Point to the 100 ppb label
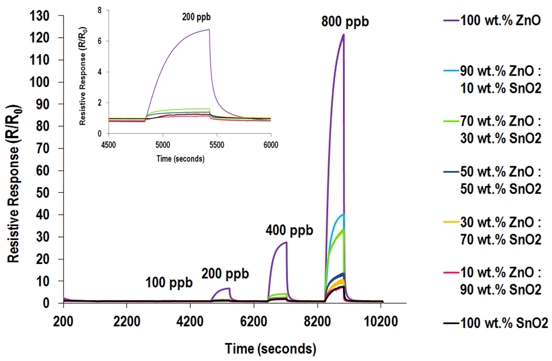[x=169, y=282]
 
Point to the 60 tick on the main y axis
[x=43, y=171]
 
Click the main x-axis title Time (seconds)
[x=271, y=347]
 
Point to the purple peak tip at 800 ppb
[x=343, y=35]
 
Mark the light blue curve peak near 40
[x=343, y=215]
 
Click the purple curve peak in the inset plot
[x=209, y=30]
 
